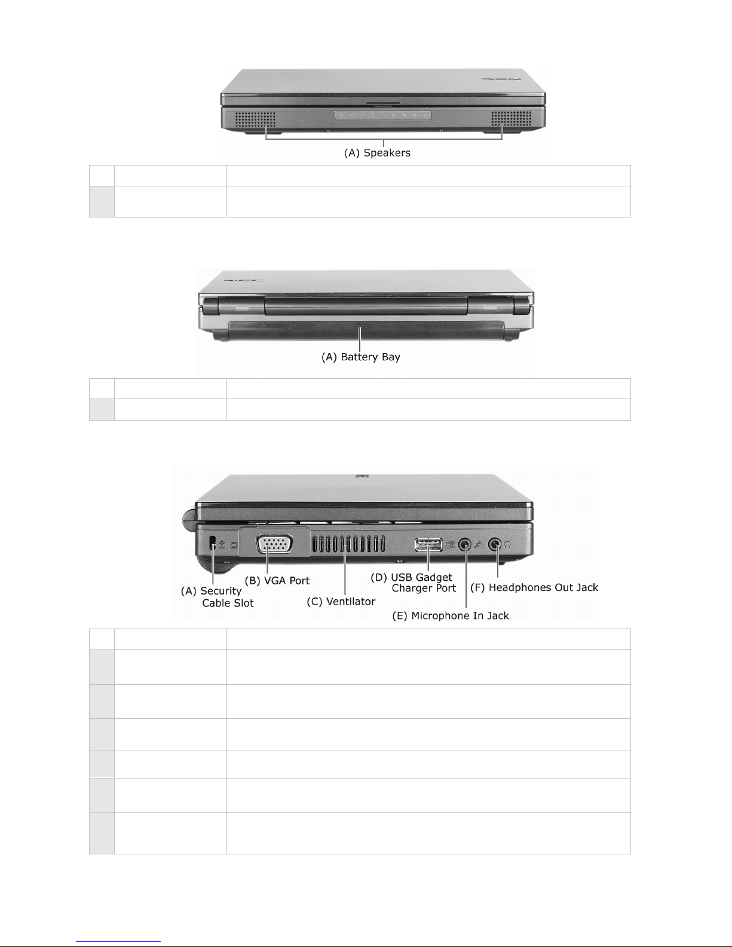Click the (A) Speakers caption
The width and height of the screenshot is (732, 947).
[377, 153]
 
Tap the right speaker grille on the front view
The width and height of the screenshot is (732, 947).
[512, 118]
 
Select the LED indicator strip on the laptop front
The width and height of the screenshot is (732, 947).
[384, 115]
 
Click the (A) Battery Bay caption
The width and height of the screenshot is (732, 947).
[361, 357]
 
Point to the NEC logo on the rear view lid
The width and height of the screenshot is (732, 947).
[244, 280]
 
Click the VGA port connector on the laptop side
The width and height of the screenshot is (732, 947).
[274, 544]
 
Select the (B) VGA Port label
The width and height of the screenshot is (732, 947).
[277, 581]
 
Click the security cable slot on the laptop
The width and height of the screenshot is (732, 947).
[213, 542]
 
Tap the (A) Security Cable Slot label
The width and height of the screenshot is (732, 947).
[217, 597]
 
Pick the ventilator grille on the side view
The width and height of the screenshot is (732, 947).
[348, 544]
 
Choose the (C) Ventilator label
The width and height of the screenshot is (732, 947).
[341, 602]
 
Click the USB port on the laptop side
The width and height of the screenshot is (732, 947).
[428, 545]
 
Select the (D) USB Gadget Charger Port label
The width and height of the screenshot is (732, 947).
[413, 583]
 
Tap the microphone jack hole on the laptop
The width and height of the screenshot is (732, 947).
[465, 544]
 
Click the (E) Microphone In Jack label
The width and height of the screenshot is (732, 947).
[451, 616]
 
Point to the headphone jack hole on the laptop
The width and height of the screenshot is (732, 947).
[495, 544]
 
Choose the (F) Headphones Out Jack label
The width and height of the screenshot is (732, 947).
[534, 588]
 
